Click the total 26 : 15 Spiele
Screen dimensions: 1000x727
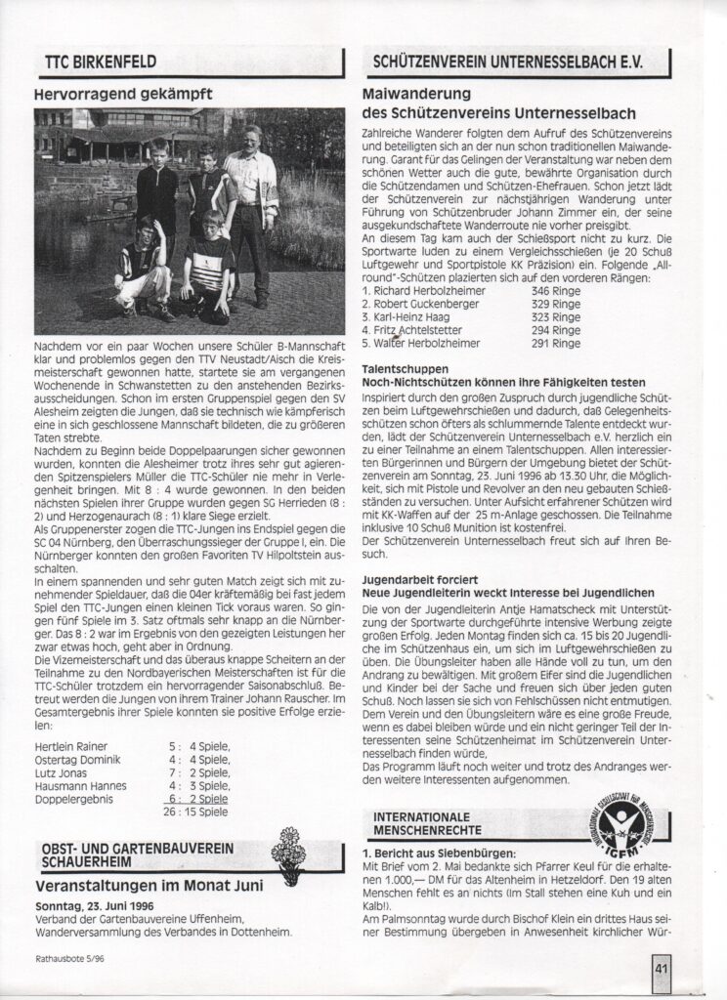pos(197,810)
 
